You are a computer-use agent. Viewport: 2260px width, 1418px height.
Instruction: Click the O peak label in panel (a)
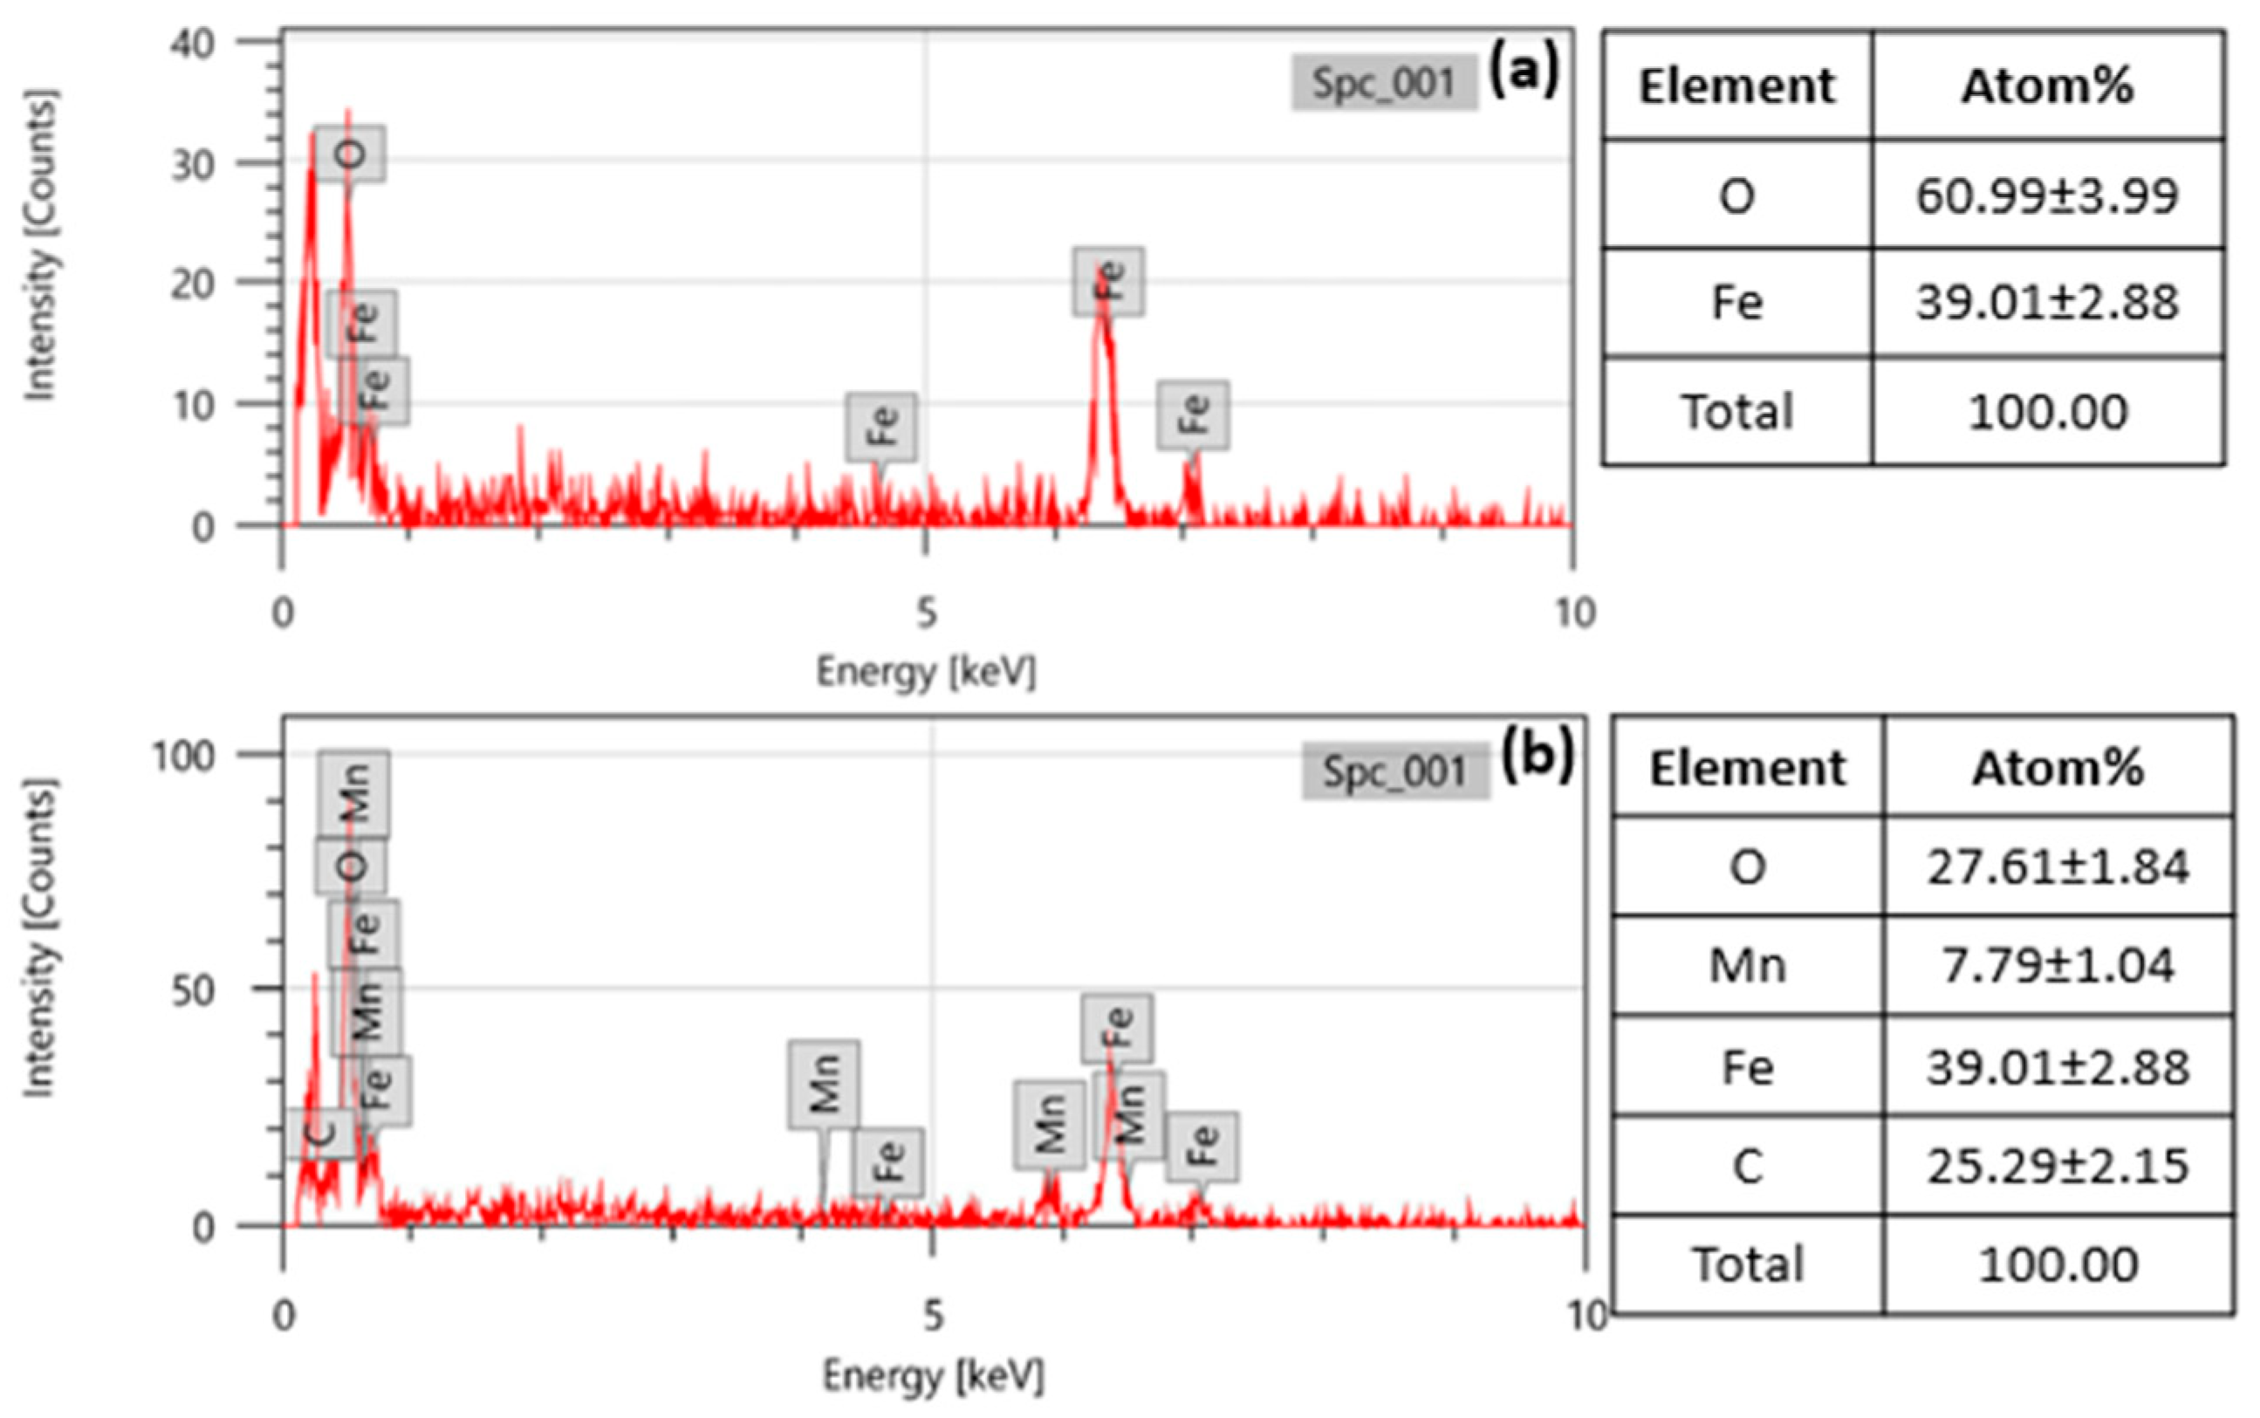pos(349,154)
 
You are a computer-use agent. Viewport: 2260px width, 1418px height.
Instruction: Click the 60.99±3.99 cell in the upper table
pos(2046,196)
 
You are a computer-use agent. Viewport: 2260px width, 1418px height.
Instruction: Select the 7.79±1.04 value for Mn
pos(2058,965)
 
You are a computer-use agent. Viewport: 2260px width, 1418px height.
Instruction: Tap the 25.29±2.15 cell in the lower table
pos(2058,1166)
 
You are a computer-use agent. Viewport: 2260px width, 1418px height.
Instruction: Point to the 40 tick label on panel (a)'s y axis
pos(192,43)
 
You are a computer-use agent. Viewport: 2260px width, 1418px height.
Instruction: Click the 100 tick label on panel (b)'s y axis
pos(184,755)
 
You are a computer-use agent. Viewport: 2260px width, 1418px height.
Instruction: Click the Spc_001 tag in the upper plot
pos(1383,83)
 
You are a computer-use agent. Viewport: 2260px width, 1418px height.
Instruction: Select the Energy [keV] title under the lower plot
pos(932,1376)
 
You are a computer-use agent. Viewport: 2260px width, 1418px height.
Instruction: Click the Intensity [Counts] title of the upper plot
pos(39,246)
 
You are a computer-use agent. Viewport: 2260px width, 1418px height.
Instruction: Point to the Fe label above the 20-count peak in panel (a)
pos(1108,281)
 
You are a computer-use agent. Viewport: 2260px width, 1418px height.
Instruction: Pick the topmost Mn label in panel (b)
pos(353,793)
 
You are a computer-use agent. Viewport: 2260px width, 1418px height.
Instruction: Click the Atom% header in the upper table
pos(2046,86)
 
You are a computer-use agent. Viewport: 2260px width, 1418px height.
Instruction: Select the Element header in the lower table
pos(1746,768)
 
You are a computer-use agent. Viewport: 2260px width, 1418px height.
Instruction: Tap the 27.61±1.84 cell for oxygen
pos(2058,867)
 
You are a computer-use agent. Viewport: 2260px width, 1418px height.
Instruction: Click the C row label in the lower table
pos(1746,1166)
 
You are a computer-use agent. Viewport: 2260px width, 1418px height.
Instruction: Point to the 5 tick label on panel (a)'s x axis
pos(926,613)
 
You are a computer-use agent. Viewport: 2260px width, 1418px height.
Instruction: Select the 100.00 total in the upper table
pos(2046,412)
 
